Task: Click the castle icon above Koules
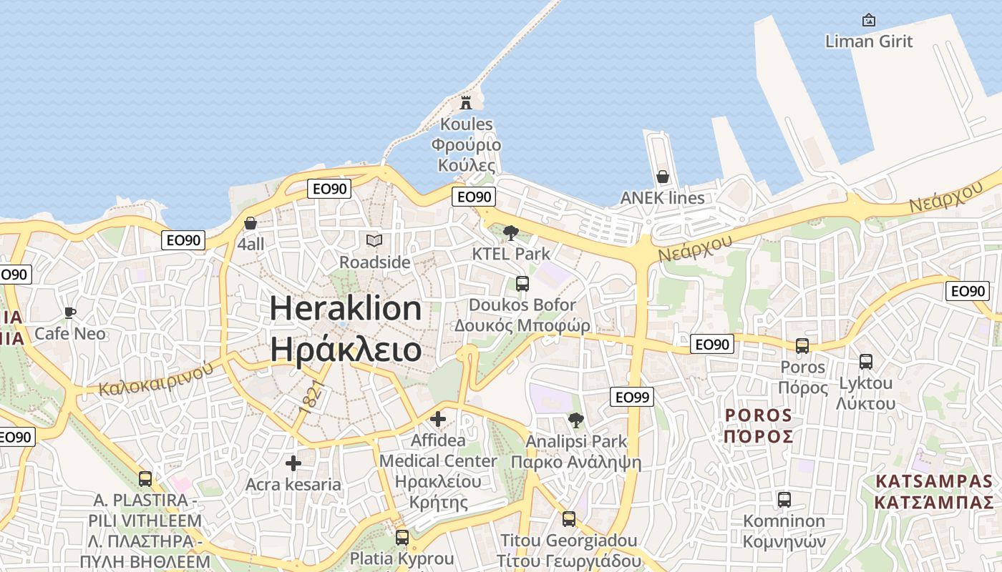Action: (466, 103)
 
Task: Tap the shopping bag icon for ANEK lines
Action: (663, 177)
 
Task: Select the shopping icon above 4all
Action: (250, 223)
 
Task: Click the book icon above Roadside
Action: (374, 241)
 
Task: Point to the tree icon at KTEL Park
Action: (510, 232)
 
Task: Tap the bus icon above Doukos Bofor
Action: (522, 284)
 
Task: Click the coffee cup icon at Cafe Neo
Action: (69, 312)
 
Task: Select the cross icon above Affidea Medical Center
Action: (438, 419)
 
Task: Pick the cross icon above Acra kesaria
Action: (293, 463)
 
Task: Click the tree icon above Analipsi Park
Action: (576, 420)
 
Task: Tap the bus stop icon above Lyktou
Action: (866, 362)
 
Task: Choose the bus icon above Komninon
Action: (784, 499)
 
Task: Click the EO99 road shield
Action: (632, 397)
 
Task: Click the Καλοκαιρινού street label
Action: (157, 379)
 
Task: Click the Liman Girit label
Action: (869, 41)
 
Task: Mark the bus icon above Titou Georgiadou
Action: (569, 519)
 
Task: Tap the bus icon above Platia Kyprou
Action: (402, 537)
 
